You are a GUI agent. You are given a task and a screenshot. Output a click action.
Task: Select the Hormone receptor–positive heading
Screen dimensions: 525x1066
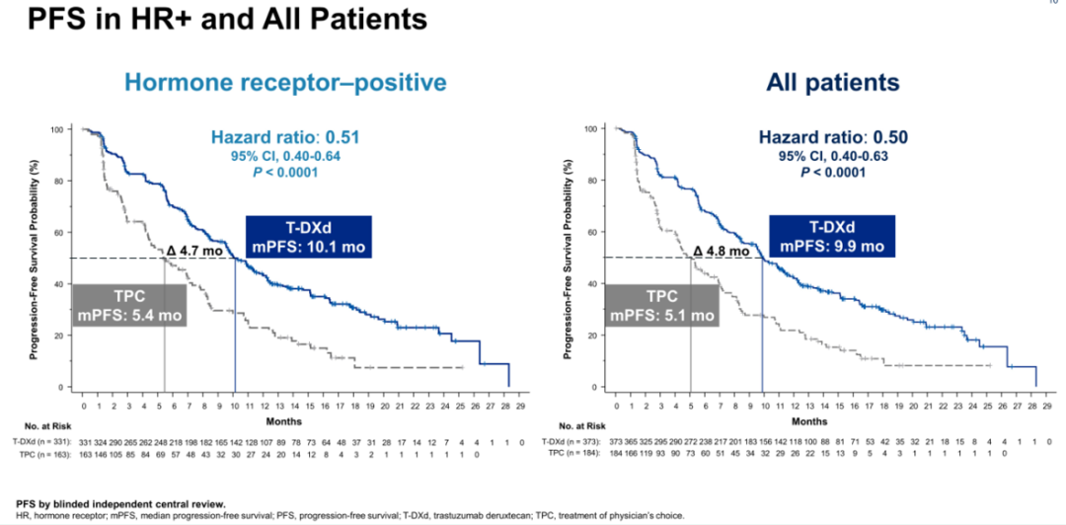click(x=285, y=83)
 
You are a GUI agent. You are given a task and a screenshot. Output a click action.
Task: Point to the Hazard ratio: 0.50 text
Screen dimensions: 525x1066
click(x=818, y=139)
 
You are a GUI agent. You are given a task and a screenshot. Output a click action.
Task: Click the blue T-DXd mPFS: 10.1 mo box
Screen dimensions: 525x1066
click(x=309, y=237)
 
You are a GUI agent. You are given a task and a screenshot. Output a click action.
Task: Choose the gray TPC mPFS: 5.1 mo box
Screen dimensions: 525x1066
click(x=660, y=306)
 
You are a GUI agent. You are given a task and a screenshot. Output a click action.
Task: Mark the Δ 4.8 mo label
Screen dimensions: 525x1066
click(x=728, y=251)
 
